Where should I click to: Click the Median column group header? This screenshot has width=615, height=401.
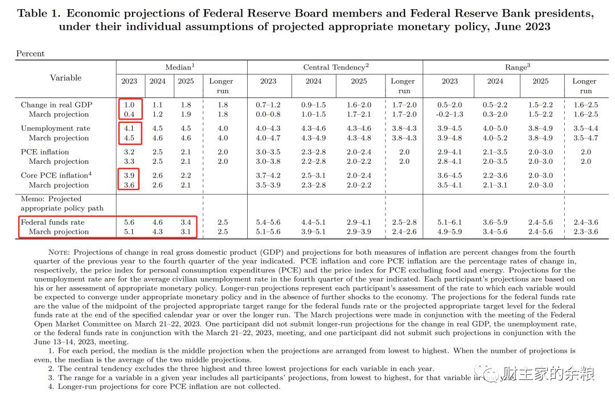click(179, 67)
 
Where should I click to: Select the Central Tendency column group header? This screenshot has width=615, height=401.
click(336, 67)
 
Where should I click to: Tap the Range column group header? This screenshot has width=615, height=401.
click(517, 67)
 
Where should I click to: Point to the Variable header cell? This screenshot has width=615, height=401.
click(65, 77)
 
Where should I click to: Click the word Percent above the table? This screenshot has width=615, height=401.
click(30, 53)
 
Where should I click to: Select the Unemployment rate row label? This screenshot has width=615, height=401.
click(55, 128)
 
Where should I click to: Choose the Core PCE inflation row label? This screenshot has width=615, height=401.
click(56, 175)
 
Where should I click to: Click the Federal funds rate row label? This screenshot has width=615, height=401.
click(52, 222)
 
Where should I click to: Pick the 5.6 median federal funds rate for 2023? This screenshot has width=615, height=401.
click(129, 222)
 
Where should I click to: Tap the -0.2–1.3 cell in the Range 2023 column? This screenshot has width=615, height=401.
click(449, 114)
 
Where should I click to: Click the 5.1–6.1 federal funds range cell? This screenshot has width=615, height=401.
click(449, 222)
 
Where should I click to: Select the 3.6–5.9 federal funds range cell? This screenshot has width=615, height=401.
click(495, 222)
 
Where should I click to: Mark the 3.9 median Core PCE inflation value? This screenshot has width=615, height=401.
click(129, 175)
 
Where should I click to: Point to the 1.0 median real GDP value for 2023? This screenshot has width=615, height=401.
click(129, 105)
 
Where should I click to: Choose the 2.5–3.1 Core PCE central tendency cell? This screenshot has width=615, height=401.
click(313, 175)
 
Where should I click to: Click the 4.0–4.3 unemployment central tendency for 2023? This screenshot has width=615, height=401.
click(268, 129)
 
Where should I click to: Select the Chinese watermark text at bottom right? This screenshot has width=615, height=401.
click(548, 374)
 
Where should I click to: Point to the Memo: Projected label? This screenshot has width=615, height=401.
click(51, 199)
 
